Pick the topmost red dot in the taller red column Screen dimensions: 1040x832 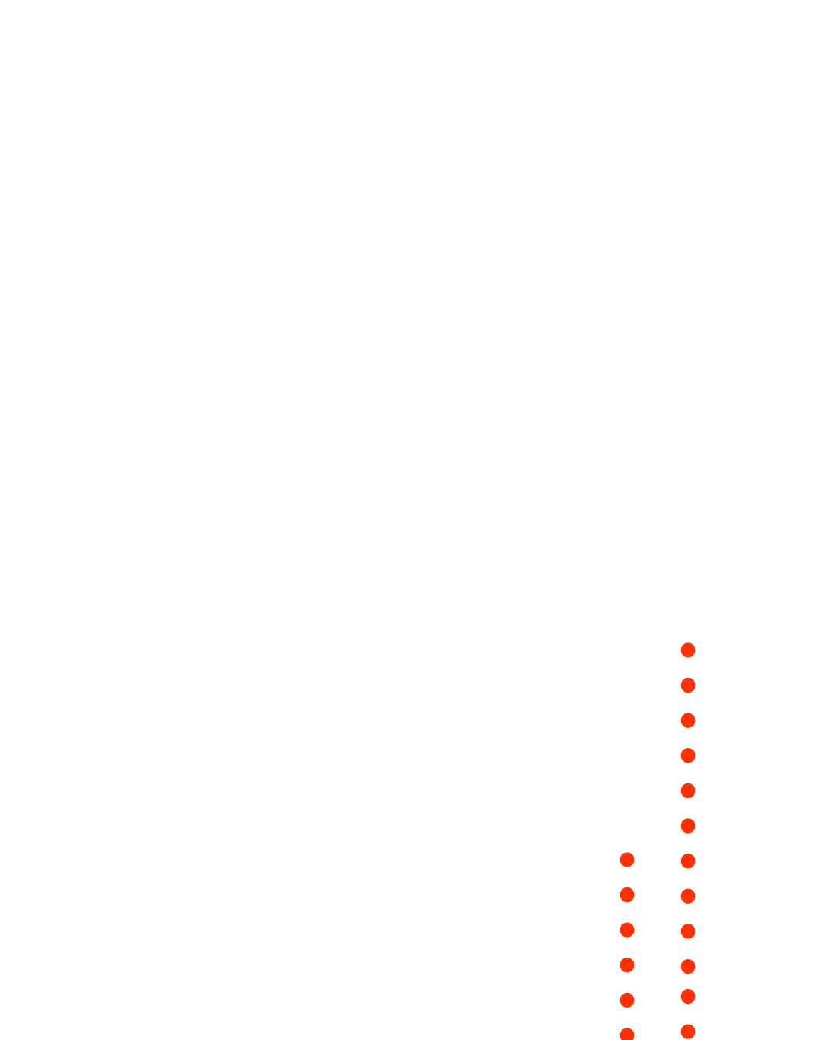click(688, 650)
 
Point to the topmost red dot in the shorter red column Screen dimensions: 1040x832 click(626, 860)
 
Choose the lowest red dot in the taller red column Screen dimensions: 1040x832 click(688, 1032)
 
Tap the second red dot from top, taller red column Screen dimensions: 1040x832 click(688, 686)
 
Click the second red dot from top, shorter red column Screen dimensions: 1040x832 click(626, 895)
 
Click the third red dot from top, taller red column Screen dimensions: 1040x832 click(688, 720)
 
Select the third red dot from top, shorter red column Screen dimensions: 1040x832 click(626, 930)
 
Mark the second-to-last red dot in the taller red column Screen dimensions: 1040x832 click(688, 997)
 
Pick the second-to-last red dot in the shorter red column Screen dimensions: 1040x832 click(626, 1000)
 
